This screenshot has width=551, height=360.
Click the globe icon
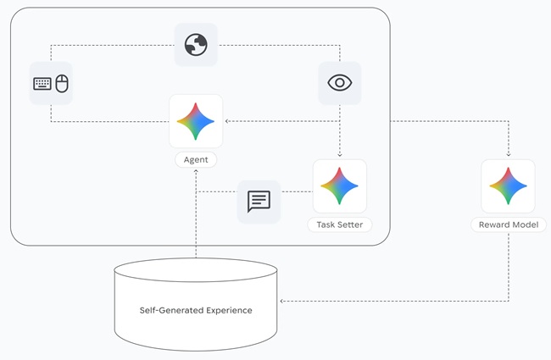click(x=196, y=45)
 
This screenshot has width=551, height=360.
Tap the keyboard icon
click(x=42, y=83)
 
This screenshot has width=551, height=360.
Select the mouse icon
click(x=61, y=83)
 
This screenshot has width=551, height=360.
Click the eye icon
click(x=339, y=83)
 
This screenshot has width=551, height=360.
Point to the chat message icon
click(x=259, y=201)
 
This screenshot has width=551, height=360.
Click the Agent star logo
click(x=196, y=121)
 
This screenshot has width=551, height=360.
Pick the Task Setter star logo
click(x=339, y=186)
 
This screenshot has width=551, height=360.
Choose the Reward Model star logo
click(x=509, y=186)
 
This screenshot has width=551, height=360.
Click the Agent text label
click(x=196, y=159)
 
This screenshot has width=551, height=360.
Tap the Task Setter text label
click(x=339, y=224)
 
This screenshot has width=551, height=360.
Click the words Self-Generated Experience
click(x=196, y=310)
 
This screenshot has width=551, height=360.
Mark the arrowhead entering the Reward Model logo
click(x=509, y=156)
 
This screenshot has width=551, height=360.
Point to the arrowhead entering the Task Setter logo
click(x=339, y=156)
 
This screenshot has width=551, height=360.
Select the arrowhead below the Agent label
click(x=196, y=171)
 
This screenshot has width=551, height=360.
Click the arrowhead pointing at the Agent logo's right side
click(x=227, y=121)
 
